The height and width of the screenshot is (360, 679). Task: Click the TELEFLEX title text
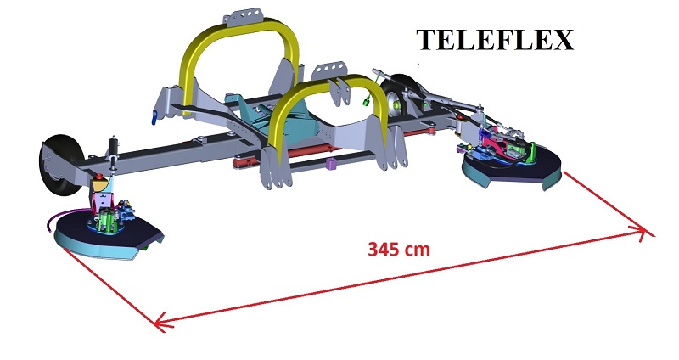pyautogui.click(x=496, y=40)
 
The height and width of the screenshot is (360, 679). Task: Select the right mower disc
pyautogui.click(x=509, y=170)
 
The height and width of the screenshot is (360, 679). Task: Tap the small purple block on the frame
pyautogui.click(x=332, y=163)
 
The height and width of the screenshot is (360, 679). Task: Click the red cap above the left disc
pyautogui.click(x=101, y=180)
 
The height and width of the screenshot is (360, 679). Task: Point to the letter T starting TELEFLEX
pyautogui.click(x=425, y=40)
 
